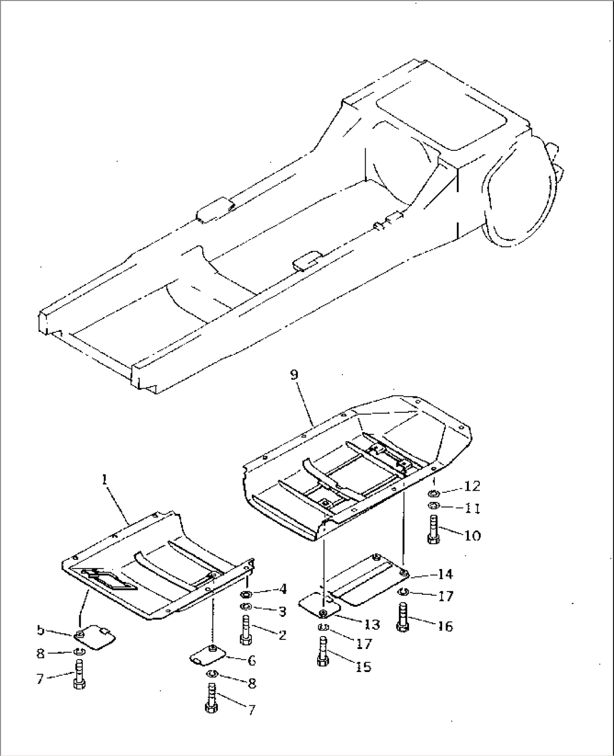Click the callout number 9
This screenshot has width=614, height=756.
(294, 375)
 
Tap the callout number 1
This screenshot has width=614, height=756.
(104, 480)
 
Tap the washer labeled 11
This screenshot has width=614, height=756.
(433, 505)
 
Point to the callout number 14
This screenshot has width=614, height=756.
(444, 574)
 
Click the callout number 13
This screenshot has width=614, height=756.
(371, 624)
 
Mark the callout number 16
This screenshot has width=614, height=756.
(446, 627)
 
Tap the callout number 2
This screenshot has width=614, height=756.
(282, 635)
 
